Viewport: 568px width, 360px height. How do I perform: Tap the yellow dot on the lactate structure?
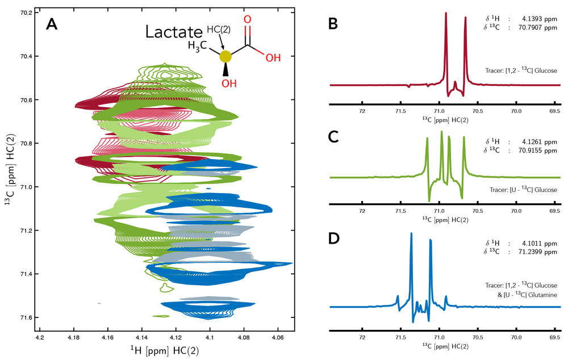point(225,56)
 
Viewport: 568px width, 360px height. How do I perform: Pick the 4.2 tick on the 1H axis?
point(40,337)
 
